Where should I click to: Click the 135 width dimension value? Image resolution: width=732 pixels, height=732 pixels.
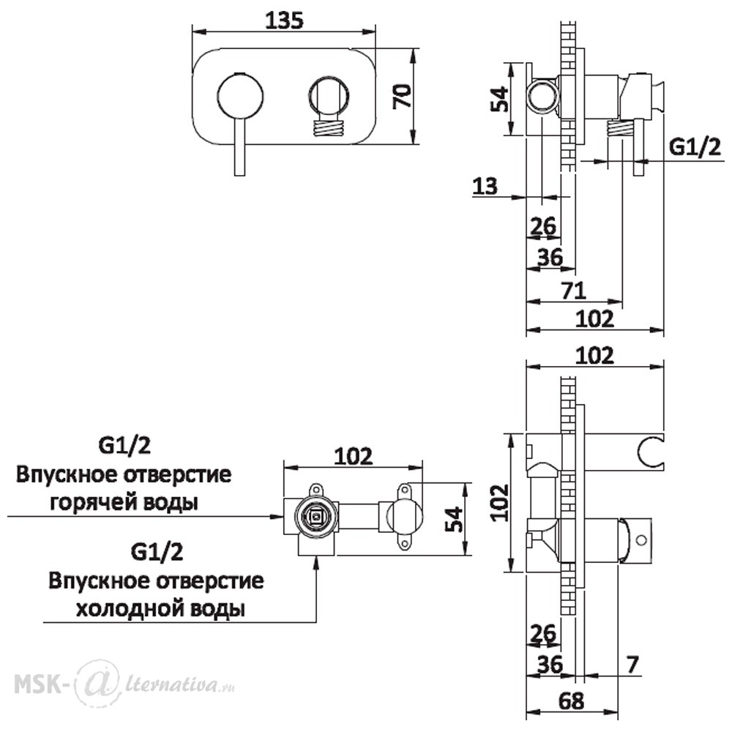point(284,20)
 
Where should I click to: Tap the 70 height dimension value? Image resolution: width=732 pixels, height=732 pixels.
point(403,96)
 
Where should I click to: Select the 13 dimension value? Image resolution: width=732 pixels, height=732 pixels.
point(485,186)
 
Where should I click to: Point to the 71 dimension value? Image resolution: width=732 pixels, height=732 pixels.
point(573,291)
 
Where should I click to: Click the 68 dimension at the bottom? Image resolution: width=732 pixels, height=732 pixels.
point(571,701)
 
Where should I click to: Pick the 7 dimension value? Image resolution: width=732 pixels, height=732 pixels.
point(632,665)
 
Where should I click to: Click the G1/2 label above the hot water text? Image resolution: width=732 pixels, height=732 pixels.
point(124,446)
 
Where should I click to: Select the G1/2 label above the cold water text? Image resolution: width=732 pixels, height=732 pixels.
point(157,552)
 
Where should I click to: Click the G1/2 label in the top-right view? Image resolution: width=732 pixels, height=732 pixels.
point(695,148)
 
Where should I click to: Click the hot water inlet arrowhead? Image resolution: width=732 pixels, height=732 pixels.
point(277,516)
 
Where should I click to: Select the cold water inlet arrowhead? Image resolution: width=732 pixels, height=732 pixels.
point(316,562)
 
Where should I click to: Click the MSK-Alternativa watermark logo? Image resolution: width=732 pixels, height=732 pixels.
point(124,685)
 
